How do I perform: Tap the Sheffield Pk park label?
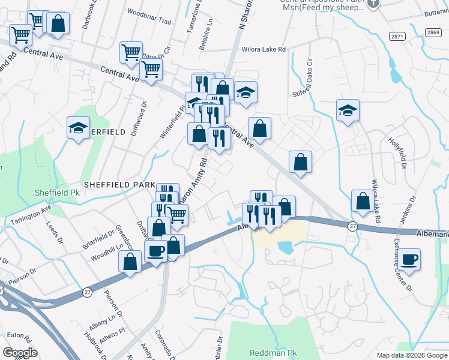(58, 193)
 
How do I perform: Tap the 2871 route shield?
(397, 37)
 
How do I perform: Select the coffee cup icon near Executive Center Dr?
(411, 260)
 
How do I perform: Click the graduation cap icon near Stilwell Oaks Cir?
(348, 110)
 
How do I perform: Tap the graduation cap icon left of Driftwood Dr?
(78, 127)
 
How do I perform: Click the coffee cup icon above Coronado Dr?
(155, 251)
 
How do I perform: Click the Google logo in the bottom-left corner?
(20, 352)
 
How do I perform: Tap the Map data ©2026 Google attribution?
(411, 355)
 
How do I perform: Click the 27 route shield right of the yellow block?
(352, 226)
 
